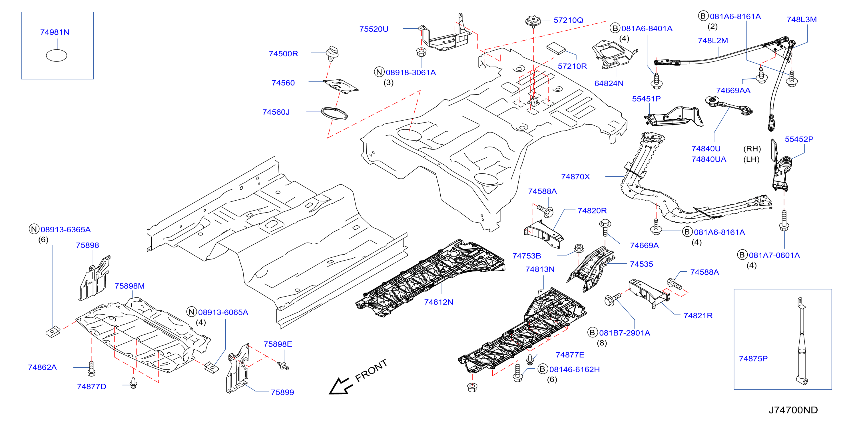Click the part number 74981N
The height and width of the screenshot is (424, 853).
click(55, 32)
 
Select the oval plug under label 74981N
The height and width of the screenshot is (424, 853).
click(56, 55)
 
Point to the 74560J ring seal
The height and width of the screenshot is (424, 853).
click(334, 113)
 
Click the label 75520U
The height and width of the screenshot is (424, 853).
click(374, 29)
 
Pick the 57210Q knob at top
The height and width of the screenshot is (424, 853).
click(533, 21)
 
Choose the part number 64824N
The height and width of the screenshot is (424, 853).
click(609, 83)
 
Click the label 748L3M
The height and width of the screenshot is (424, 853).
click(802, 19)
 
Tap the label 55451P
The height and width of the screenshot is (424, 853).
click(646, 99)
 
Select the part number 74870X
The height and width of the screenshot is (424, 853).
click(575, 177)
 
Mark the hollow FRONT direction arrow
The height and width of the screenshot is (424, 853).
click(340, 386)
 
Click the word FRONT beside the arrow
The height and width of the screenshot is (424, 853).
click(371, 370)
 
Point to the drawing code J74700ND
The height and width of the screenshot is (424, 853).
click(793, 410)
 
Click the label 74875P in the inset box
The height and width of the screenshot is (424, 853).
click(753, 358)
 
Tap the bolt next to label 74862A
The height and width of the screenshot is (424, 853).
click(91, 368)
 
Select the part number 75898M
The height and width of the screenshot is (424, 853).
click(129, 286)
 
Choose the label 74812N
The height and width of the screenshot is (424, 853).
click(438, 302)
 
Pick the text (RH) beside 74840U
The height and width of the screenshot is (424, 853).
click(752, 149)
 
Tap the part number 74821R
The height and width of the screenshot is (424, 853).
click(698, 316)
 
